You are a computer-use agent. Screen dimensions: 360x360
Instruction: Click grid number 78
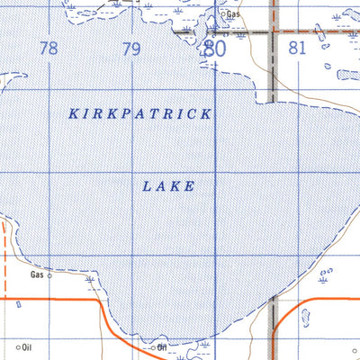(x=49, y=49)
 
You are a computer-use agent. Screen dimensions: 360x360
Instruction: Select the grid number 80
(x=213, y=49)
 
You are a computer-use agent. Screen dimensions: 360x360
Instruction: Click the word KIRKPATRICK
(x=140, y=114)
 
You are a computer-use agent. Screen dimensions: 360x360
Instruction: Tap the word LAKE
(x=168, y=186)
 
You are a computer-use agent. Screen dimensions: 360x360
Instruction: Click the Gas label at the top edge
(x=234, y=14)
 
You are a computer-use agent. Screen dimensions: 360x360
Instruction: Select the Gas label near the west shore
(x=37, y=274)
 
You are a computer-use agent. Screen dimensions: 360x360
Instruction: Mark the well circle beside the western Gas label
(x=50, y=276)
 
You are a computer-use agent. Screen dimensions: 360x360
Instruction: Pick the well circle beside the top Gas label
(x=223, y=15)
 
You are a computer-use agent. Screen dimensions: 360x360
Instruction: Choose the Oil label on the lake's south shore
(x=163, y=346)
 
